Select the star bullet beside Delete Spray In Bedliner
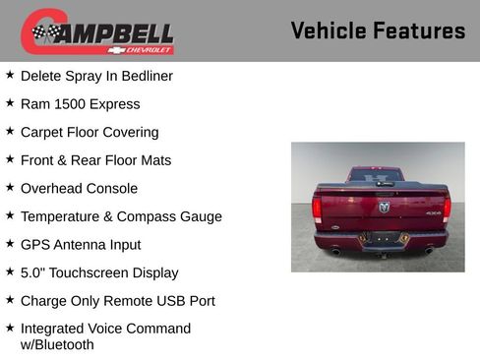coord(10,75)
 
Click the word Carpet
coord(43,132)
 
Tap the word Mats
coord(154,159)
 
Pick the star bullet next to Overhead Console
coord(10,187)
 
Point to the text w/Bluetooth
coord(57,344)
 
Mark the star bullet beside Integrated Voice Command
coord(10,328)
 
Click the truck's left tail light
coord(317,208)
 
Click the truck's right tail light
coord(447,208)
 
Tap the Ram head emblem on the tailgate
coord(383,207)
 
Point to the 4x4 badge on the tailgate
coord(433,212)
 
